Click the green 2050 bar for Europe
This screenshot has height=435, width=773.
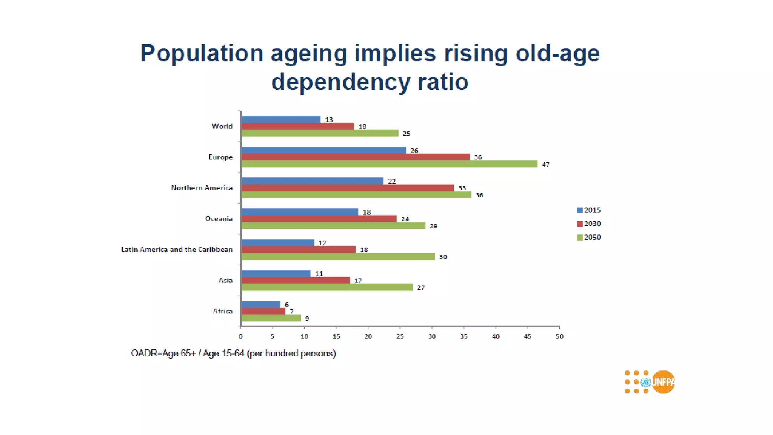(389, 164)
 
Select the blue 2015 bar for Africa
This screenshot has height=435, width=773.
(260, 304)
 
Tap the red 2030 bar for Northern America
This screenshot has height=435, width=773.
(347, 188)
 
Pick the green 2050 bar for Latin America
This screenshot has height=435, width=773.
(338, 256)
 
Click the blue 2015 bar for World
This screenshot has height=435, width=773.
(280, 119)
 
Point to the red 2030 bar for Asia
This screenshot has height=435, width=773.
(295, 280)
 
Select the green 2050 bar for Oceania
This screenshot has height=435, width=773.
(333, 225)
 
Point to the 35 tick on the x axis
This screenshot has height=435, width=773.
(464, 336)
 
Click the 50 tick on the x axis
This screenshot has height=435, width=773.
(559, 336)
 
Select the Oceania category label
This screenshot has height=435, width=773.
(219, 219)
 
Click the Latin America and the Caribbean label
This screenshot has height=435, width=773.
(177, 250)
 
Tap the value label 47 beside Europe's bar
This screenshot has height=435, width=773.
(546, 164)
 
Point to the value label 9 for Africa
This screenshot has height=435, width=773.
(307, 318)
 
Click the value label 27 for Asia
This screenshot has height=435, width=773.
(421, 288)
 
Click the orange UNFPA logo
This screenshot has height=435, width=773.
(663, 382)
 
